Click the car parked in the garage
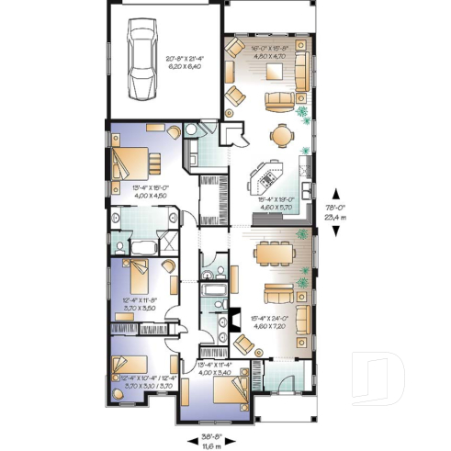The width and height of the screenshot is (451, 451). (x=142, y=65)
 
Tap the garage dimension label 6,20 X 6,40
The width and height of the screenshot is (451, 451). (x=184, y=68)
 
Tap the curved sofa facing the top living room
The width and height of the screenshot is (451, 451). (x=277, y=97)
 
